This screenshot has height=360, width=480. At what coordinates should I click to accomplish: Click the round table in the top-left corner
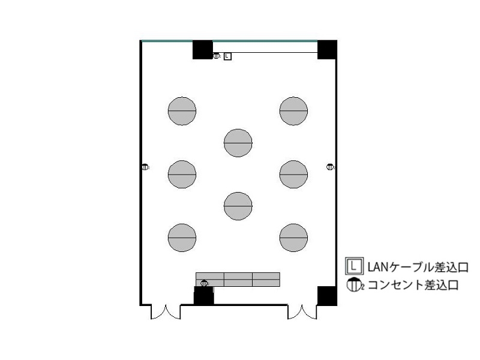[182, 111]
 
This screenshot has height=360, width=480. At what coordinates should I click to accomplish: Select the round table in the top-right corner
[293, 111]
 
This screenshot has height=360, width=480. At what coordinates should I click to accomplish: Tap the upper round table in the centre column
[238, 143]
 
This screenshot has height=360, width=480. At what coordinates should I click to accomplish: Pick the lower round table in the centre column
[238, 206]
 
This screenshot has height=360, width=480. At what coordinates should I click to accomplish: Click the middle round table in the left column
[182, 174]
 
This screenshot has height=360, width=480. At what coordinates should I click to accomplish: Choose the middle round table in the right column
[293, 174]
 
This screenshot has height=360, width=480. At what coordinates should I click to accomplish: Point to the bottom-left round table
[182, 238]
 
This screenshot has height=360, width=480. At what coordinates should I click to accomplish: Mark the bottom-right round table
[293, 238]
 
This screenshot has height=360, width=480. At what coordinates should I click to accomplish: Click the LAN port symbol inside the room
[227, 56]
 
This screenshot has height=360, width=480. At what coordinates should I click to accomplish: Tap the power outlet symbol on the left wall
[145, 167]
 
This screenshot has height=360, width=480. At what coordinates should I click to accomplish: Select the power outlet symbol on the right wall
[331, 167]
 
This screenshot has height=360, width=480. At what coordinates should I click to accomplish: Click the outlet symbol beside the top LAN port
[217, 56]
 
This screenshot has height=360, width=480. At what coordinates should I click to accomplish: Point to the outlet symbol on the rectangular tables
[204, 283]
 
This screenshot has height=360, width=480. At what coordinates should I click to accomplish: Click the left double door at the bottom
[166, 312]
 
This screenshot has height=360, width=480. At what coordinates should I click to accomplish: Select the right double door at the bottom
[302, 312]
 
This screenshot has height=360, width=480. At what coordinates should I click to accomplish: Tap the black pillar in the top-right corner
[327, 50]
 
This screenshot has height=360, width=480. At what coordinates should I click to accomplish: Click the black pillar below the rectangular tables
[204, 295]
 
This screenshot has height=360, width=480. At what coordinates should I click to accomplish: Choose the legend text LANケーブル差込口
[418, 267]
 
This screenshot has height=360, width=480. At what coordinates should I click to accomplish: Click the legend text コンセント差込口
[413, 285]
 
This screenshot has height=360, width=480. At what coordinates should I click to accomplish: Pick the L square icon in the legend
[355, 266]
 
